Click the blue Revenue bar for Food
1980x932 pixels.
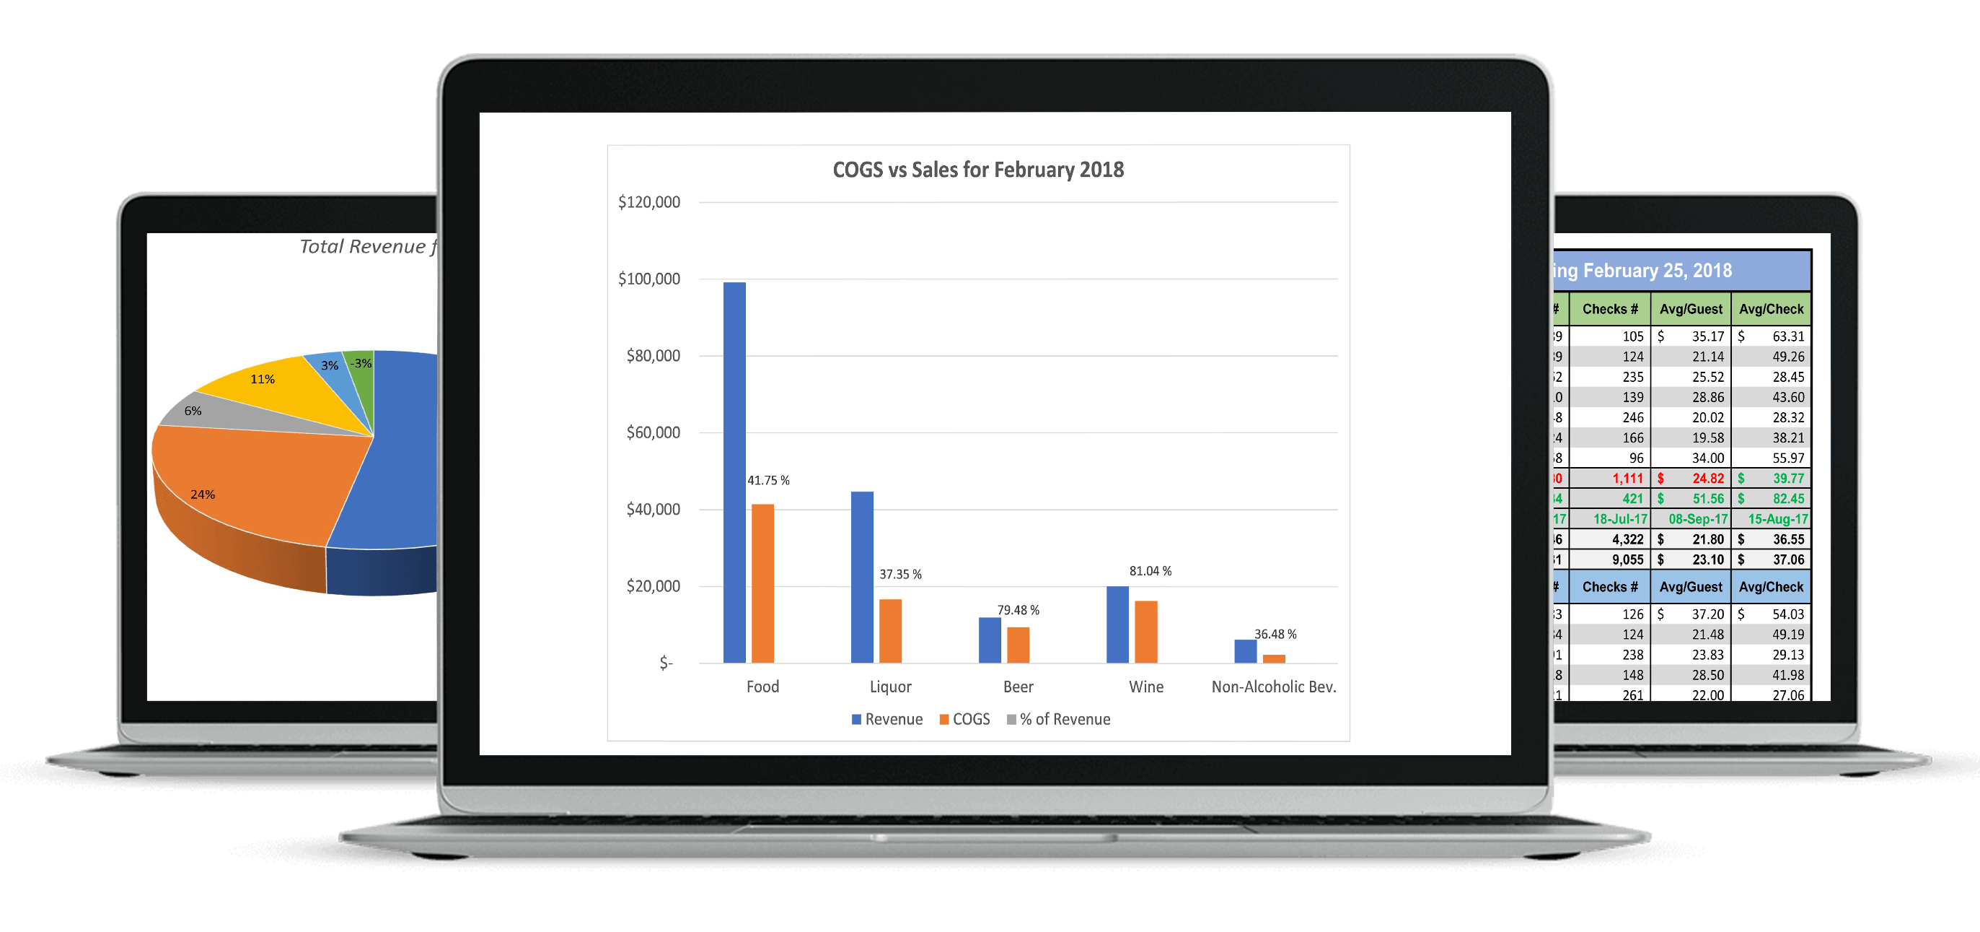(x=734, y=472)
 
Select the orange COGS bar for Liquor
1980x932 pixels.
(x=890, y=630)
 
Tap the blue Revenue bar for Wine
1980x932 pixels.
(x=1117, y=624)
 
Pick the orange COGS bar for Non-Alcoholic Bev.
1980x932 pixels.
(x=1274, y=659)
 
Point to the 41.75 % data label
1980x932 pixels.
(x=768, y=481)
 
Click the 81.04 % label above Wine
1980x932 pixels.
(x=1150, y=571)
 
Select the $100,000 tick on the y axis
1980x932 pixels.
(x=648, y=279)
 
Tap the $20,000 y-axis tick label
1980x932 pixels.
(x=653, y=587)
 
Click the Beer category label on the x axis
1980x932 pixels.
(x=1018, y=687)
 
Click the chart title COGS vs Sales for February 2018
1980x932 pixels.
(x=977, y=170)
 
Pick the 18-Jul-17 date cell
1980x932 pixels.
(x=1619, y=519)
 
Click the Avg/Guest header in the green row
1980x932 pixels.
(x=1690, y=309)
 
